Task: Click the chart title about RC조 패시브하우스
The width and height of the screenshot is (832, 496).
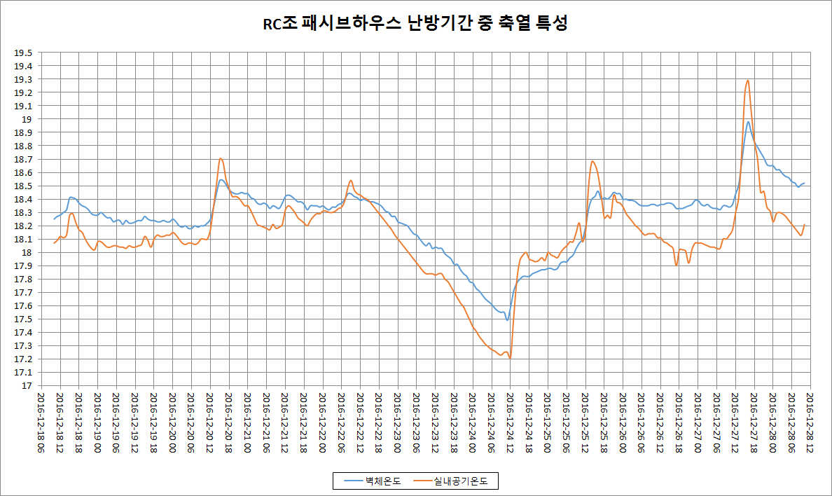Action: point(415,24)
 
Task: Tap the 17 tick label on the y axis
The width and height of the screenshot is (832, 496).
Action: point(28,386)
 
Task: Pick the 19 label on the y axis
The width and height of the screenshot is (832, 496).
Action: point(28,119)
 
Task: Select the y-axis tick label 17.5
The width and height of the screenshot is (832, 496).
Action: point(25,319)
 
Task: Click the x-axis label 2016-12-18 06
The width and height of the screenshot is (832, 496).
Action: point(41,421)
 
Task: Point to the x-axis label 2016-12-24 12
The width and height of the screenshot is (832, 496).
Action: point(510,421)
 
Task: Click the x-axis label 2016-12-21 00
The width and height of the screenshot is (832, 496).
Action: point(247,421)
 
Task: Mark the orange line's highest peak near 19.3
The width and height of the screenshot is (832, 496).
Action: point(748,80)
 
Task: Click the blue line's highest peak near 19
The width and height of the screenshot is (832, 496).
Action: point(748,122)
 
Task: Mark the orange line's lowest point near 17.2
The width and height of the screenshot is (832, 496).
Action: point(510,359)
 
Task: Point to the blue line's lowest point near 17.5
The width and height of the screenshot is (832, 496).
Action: point(507,320)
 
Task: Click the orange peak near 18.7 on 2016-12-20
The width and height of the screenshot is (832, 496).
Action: point(221,158)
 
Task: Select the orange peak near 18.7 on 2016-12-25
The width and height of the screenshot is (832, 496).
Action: point(592,161)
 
